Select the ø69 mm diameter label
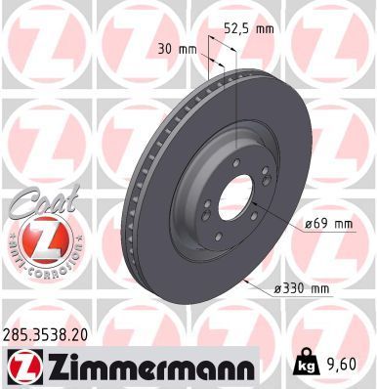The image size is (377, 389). click(x=328, y=224)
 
